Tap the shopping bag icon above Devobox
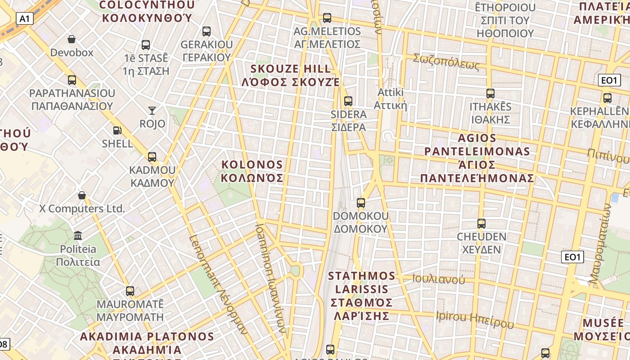coord(71,40)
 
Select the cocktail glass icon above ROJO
coord(152,110)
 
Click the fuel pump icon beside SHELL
coord(117,130)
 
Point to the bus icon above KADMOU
coord(152,157)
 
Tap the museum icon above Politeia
coord(78,235)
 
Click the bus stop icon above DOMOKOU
coord(360,202)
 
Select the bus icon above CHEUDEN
coord(481,223)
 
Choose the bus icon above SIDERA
coord(348,101)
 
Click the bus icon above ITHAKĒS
coord(490,94)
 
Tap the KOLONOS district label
coord(252,171)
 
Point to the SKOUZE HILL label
coord(291,75)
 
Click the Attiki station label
coord(390,99)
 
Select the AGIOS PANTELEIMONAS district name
coord(477,157)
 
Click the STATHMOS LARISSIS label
coord(362,296)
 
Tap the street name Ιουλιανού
coord(439,279)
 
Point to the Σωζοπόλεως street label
coord(446,62)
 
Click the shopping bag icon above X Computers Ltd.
coord(82,195)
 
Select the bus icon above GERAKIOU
coord(207,31)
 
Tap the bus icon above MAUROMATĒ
coord(130,291)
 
